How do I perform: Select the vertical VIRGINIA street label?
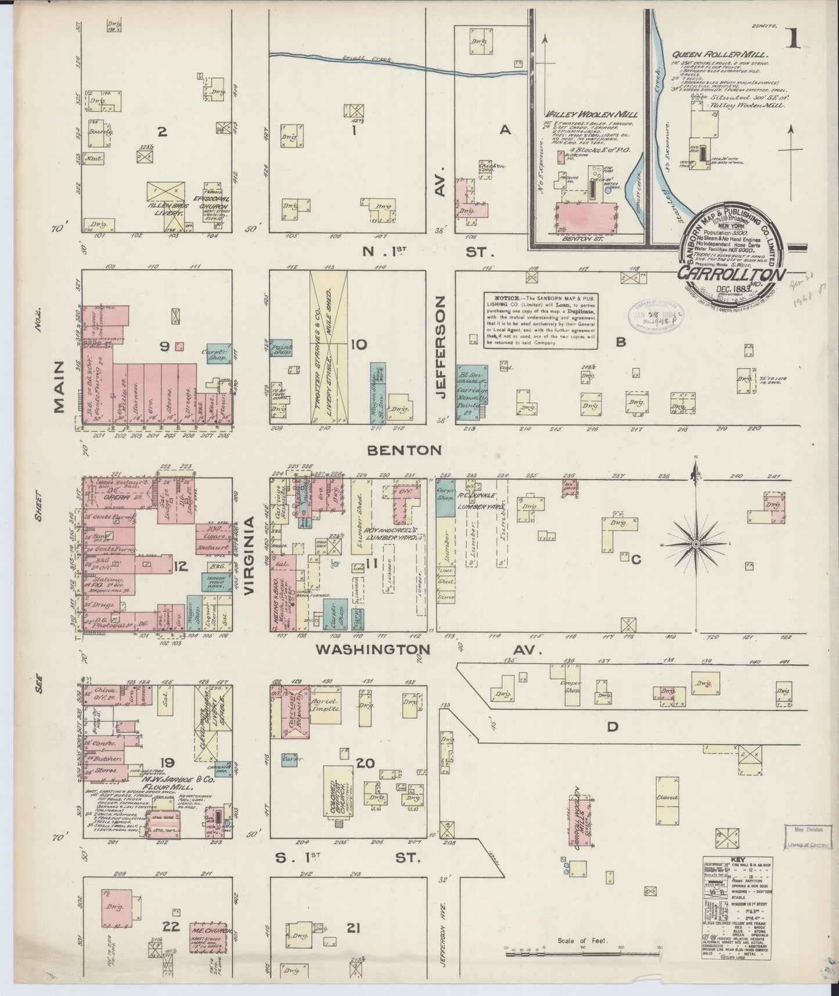click(x=250, y=556)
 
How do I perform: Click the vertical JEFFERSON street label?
click(x=441, y=347)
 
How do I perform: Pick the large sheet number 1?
click(x=793, y=40)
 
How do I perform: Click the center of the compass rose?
click(x=696, y=544)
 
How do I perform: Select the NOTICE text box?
click(x=541, y=320)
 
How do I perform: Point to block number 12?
click(x=181, y=564)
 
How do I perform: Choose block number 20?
click(x=365, y=763)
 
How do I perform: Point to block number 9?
click(x=165, y=346)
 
